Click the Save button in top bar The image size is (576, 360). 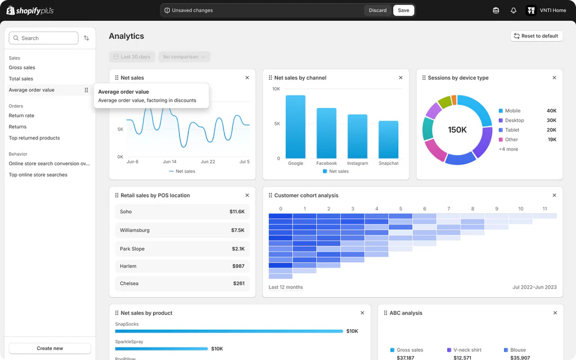(403, 10)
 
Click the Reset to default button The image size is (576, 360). (536, 36)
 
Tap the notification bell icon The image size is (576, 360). (514, 10)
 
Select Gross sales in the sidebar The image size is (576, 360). (22, 67)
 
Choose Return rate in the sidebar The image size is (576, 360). (21, 115)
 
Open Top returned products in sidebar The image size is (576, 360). (34, 138)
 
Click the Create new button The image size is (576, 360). (50, 348)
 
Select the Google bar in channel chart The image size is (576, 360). (295, 127)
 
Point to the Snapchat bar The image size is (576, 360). (388, 139)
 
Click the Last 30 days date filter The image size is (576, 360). (132, 57)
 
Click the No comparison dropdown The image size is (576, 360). (184, 57)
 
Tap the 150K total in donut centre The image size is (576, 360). (457, 130)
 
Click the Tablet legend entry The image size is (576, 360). (512, 130)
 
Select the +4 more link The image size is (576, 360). (508, 149)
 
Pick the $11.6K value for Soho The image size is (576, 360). (237, 211)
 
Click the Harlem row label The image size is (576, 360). (128, 266)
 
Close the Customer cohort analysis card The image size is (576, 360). (554, 195)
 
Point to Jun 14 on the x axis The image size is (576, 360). (169, 161)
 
